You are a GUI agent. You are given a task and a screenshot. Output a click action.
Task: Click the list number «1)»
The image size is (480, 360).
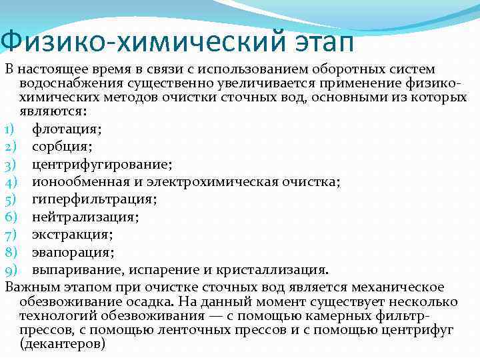(x=9, y=128)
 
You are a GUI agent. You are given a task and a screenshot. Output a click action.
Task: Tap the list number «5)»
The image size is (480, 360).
(x=10, y=199)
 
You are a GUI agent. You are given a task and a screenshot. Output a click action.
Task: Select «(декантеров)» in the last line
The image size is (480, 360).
(x=63, y=344)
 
